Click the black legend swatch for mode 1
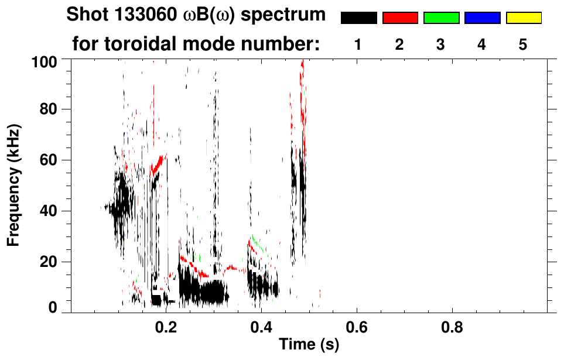pos(358,18)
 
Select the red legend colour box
pos(400,18)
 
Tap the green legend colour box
pos(441,18)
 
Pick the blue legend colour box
pos(482,18)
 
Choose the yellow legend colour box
pos(523,18)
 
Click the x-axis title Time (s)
pos(309,345)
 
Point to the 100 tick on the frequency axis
pos(45,60)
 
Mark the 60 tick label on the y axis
pos(49,160)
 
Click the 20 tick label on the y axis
pos(49,261)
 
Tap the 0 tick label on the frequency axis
pos(52,307)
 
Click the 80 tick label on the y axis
pos(49,109)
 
